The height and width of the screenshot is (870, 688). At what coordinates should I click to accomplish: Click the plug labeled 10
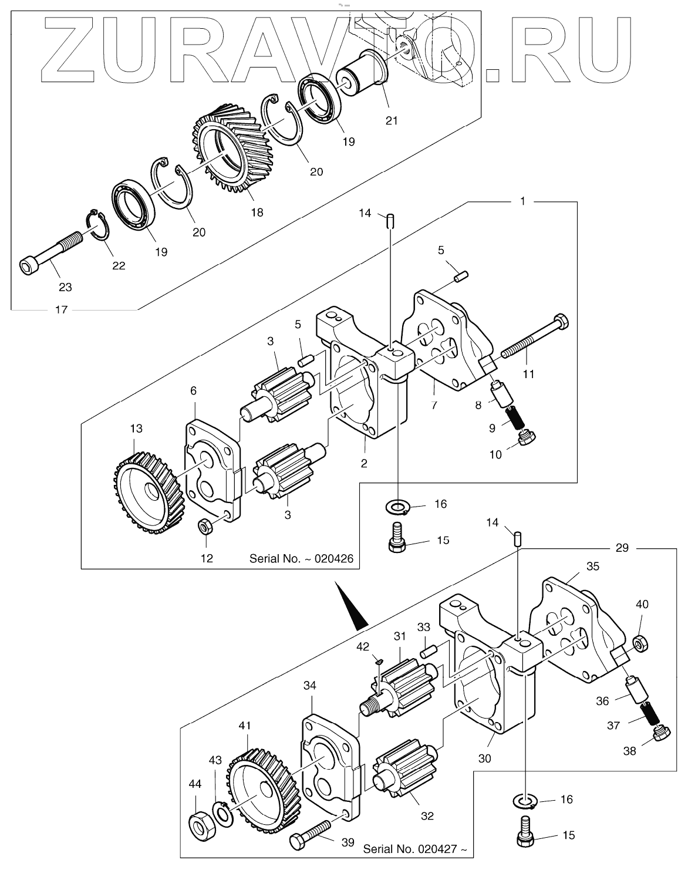click(x=527, y=437)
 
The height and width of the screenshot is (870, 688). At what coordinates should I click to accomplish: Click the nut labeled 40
click(x=641, y=643)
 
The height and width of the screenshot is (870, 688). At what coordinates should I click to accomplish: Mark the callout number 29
click(x=622, y=548)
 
